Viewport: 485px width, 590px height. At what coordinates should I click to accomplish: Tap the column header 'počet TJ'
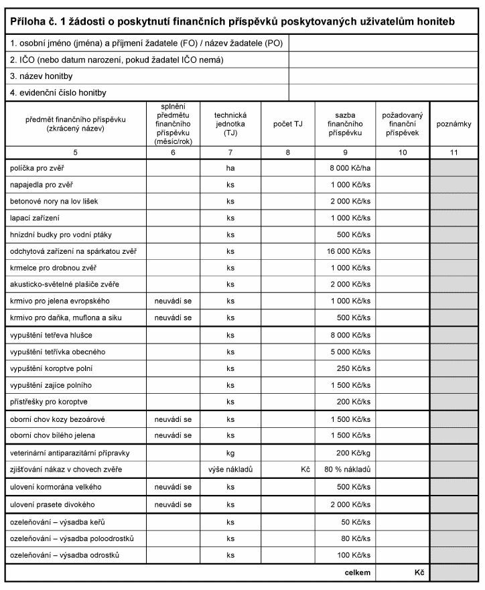pyautogui.click(x=288, y=124)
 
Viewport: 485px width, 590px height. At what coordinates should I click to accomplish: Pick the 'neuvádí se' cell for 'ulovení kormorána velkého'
pyautogui.click(x=173, y=487)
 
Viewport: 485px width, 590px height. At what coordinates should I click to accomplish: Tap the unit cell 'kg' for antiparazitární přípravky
pyautogui.click(x=230, y=453)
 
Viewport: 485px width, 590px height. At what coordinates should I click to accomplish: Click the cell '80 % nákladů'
pyautogui.click(x=348, y=469)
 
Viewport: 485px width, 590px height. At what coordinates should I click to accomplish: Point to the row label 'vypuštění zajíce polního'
pyautogui.click(x=51, y=385)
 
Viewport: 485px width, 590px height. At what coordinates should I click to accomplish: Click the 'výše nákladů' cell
pyautogui.click(x=230, y=469)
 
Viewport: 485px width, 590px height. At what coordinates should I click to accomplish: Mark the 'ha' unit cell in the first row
pyautogui.click(x=230, y=167)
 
